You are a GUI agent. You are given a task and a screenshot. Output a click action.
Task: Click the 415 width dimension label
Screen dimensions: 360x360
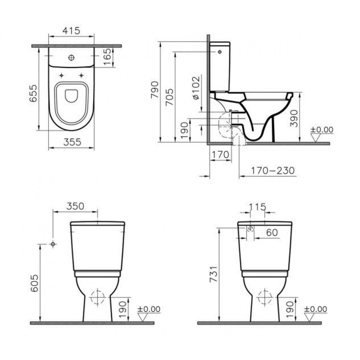(x=71, y=31)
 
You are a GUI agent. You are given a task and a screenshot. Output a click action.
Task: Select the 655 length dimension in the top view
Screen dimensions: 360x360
(x=33, y=93)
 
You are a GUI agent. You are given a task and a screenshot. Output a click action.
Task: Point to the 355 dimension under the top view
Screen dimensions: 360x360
(x=72, y=142)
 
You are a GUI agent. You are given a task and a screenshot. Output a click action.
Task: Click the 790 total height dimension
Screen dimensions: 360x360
(x=155, y=90)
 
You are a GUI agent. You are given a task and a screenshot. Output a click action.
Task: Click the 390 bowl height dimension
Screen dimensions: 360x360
(x=294, y=118)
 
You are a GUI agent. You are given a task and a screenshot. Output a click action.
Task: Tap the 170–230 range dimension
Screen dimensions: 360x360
(x=273, y=171)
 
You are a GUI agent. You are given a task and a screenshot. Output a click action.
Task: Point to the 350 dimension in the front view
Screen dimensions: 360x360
(x=75, y=206)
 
